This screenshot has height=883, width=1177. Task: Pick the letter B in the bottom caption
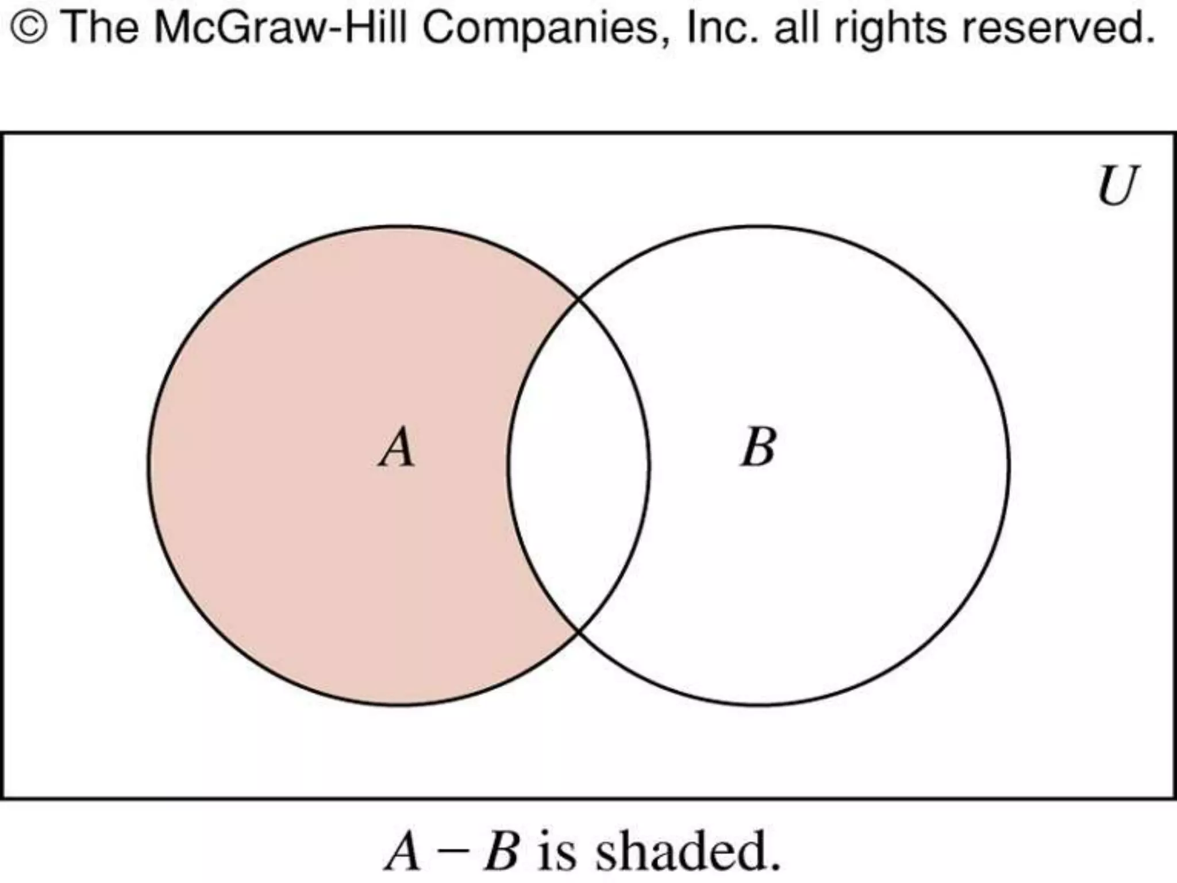pos(501,851)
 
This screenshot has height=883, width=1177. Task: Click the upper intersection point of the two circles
pos(578,300)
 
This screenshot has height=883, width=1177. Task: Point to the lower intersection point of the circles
pos(578,631)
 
